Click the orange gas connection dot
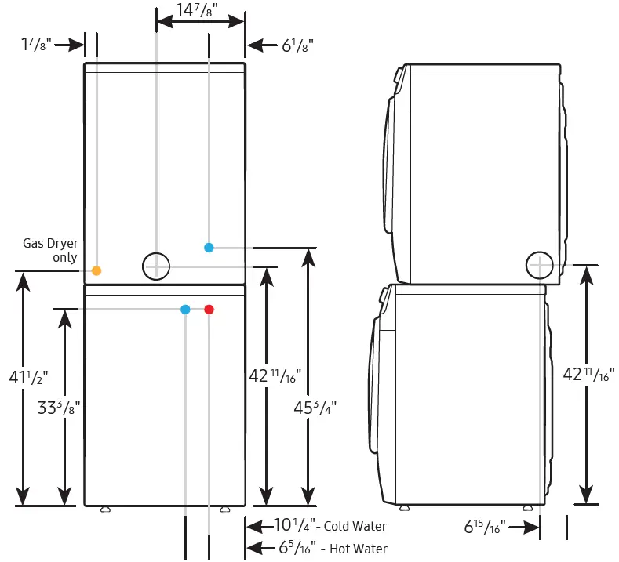point(96,270)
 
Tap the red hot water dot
point(209,310)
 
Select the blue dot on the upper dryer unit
point(209,248)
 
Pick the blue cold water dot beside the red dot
point(185,310)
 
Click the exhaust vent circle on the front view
point(156,266)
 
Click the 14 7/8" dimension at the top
point(196,10)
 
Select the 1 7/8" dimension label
point(36,45)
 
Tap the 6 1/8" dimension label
point(298,45)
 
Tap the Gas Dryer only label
point(50,250)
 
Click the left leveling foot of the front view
point(105,509)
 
